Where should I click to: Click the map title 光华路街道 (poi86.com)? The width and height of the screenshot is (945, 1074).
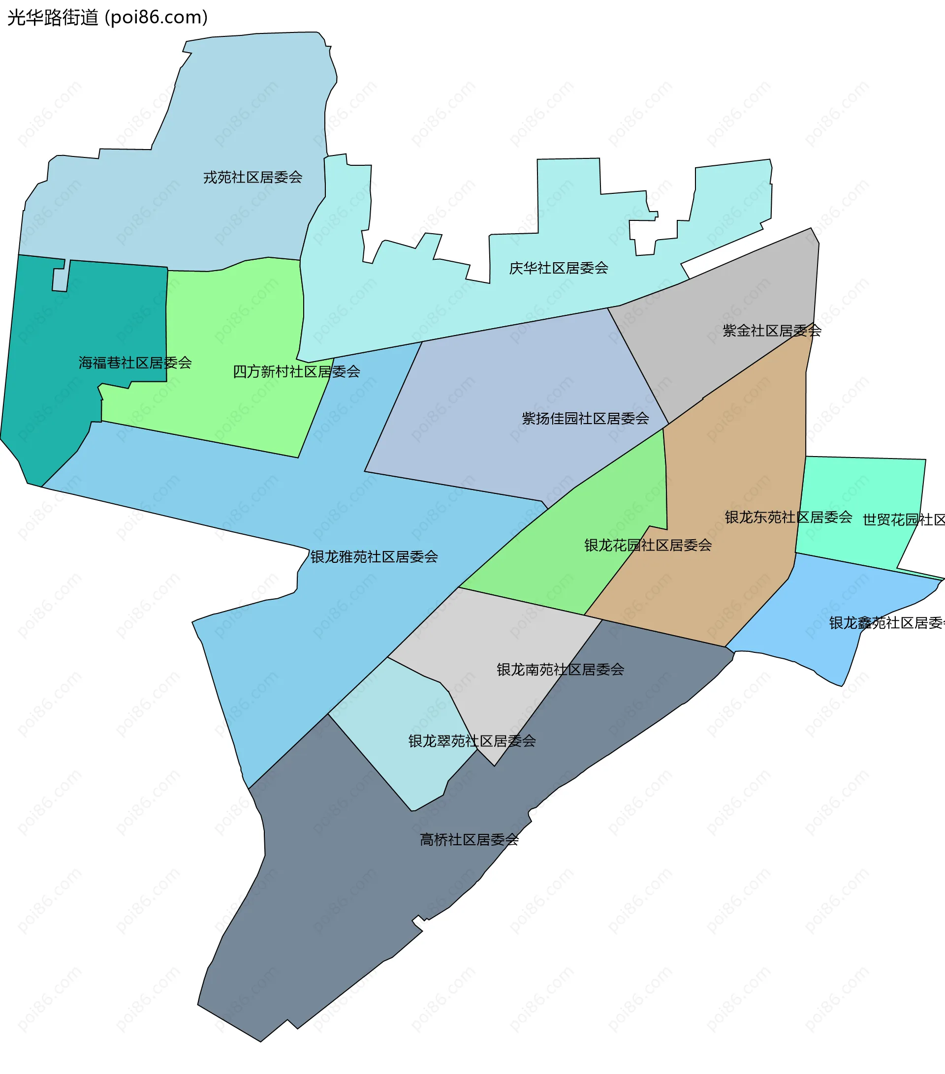coord(108,17)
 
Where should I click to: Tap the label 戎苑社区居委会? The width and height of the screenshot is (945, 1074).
coord(253,178)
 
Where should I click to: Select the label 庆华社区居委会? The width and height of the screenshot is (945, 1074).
coord(559,269)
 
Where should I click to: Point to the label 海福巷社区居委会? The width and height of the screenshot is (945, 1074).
coord(135,363)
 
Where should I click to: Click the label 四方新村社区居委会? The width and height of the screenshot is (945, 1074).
coord(296,372)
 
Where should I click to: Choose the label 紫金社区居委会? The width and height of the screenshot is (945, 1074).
coord(772,331)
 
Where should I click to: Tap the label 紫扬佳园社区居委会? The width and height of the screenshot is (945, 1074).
coord(585,419)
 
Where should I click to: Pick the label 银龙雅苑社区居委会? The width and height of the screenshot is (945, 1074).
coord(374,557)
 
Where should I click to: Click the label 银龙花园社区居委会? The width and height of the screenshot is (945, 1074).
coord(648,546)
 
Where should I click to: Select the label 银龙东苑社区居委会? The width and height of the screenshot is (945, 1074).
coord(788,518)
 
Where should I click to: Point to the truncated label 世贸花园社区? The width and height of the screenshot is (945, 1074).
coord(904,520)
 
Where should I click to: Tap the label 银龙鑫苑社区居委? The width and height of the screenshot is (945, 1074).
coord(886,623)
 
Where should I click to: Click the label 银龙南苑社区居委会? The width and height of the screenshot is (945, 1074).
coord(560,670)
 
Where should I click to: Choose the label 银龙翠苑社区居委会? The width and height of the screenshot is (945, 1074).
coord(472,741)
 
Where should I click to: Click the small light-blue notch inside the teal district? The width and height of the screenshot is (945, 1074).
coord(60,279)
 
